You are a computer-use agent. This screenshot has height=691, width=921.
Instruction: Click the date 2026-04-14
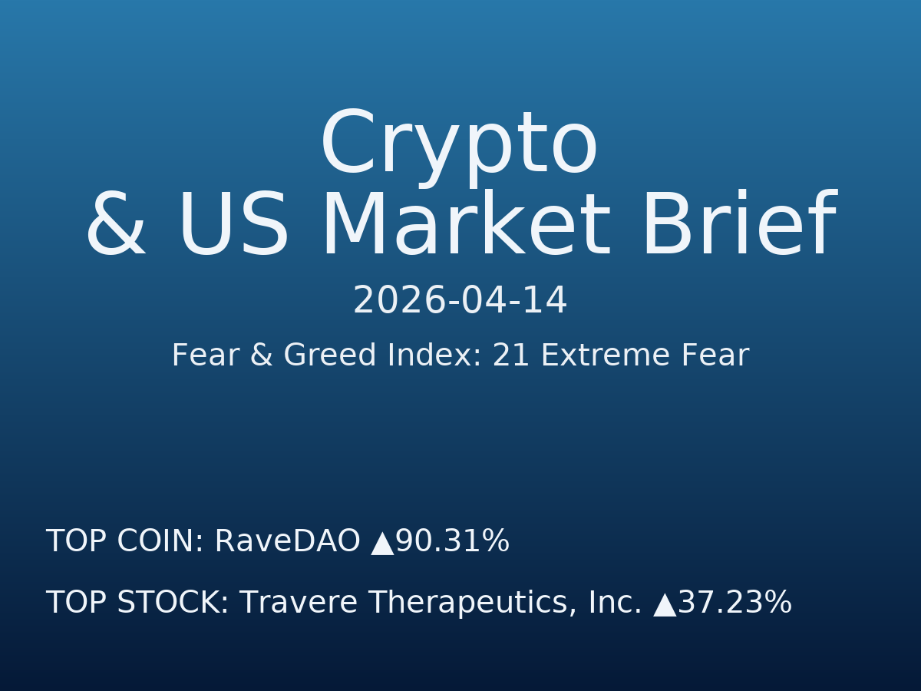(x=460, y=301)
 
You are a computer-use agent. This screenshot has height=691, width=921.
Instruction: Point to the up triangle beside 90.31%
(x=382, y=544)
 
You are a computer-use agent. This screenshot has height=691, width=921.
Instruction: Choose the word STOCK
(x=173, y=603)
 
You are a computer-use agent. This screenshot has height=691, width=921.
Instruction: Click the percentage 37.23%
(x=734, y=603)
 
